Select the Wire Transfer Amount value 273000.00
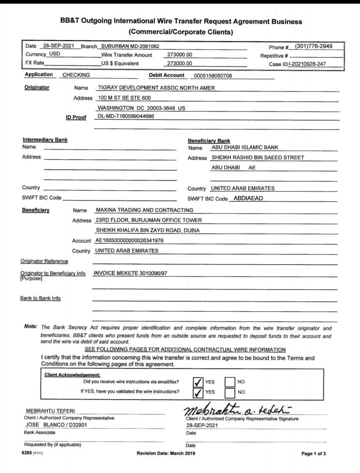pyautogui.click(x=180, y=55)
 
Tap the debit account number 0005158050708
pyautogui.click(x=213, y=75)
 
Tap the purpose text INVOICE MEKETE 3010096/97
pyautogui.click(x=130, y=273)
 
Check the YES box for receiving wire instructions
pyautogui.click(x=198, y=382)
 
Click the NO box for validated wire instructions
pyautogui.click(x=230, y=392)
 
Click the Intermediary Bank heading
pyautogui.click(x=45, y=140)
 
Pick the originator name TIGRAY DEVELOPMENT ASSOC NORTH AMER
pyautogui.click(x=156, y=88)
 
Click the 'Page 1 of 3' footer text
pyautogui.click(x=314, y=454)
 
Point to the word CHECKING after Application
pyautogui.click(x=76, y=75)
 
